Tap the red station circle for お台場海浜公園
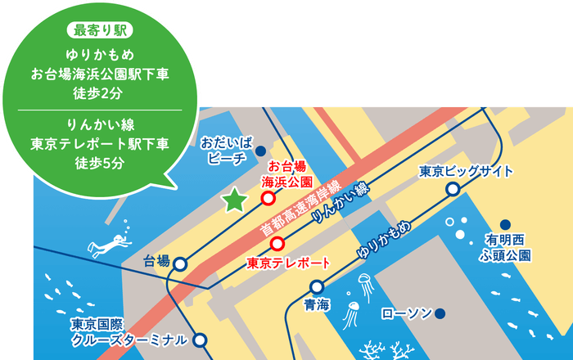[x=268, y=198]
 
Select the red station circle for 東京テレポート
[x=277, y=243]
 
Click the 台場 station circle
[x=180, y=263]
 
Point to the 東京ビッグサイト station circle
[x=453, y=190]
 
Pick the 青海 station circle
[x=317, y=287]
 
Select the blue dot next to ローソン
[x=440, y=313]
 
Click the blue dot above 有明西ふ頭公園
[x=505, y=224]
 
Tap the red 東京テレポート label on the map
[x=288, y=263]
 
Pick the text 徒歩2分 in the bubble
[x=99, y=89]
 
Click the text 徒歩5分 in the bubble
[x=99, y=163]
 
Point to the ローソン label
[x=406, y=313]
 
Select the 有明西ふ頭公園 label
[x=508, y=247]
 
